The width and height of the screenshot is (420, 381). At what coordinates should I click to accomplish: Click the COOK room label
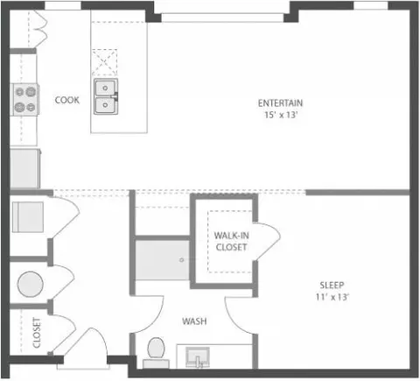(x=67, y=100)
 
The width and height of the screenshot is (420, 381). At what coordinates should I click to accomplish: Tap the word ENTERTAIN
(x=280, y=103)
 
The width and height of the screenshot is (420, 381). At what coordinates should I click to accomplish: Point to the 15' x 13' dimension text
(x=281, y=115)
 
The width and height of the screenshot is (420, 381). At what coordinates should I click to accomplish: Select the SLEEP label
(x=332, y=285)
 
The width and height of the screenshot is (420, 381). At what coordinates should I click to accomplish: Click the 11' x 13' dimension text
(x=332, y=297)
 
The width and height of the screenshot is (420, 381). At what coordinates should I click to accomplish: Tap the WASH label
(x=194, y=321)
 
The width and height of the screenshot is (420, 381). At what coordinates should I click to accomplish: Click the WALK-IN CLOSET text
(x=232, y=242)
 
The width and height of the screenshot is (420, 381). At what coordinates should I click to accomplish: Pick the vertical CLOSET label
(x=37, y=333)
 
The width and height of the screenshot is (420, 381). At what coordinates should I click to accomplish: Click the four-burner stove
(x=25, y=100)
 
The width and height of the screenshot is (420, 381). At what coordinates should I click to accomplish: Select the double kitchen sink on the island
(x=106, y=96)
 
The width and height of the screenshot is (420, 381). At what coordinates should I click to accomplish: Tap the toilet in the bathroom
(x=156, y=353)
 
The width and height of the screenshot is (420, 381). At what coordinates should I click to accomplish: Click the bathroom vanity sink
(x=198, y=357)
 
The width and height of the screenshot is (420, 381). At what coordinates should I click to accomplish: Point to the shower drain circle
(x=181, y=260)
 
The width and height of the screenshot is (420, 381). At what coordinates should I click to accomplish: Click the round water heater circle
(x=31, y=284)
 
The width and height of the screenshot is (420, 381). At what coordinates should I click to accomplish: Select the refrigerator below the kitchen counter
(x=25, y=168)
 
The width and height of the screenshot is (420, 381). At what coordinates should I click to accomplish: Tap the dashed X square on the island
(x=105, y=62)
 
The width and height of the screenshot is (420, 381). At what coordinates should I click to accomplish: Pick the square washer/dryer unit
(x=28, y=217)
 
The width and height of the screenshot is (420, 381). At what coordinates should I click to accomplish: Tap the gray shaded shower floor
(x=163, y=260)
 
